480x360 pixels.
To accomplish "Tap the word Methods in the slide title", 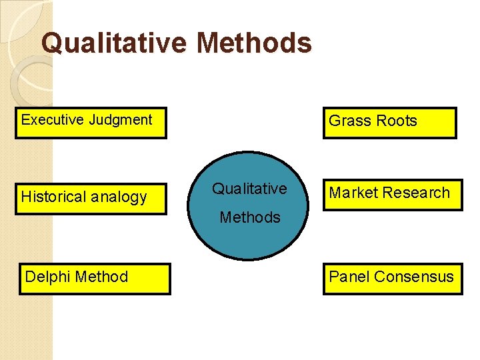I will coord(255,43).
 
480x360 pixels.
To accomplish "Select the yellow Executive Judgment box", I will coord(91,123).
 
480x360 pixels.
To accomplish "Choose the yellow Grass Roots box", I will coord(390,123).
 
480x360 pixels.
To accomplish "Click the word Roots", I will coord(397,121).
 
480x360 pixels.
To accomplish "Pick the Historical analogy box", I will coord(91,198).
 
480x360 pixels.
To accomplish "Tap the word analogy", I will coord(120,197).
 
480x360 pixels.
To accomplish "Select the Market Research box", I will coord(393,195).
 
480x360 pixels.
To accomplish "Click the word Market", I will coord(354,193).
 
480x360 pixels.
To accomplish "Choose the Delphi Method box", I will coord(93,279).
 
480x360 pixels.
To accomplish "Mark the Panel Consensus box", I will coord(393,279).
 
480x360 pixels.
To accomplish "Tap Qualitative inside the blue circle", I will coord(249,189).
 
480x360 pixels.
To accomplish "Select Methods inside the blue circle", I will coord(250,217).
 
